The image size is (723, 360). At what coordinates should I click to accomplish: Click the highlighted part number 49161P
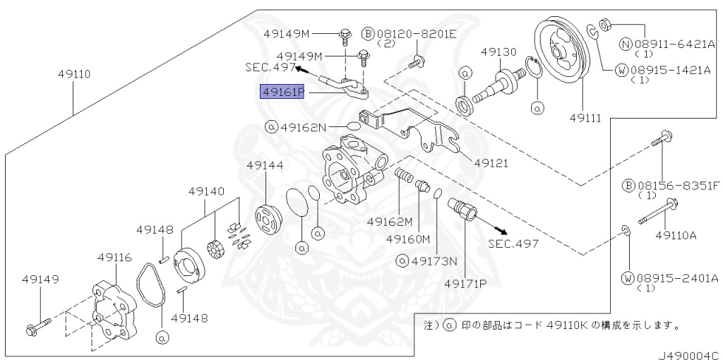click(x=282, y=92)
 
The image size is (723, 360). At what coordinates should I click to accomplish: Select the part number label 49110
click(x=73, y=74)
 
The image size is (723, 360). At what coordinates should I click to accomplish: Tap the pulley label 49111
click(x=585, y=119)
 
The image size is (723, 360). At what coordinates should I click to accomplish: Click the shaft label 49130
click(x=499, y=52)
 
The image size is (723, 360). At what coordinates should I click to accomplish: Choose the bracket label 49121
click(x=491, y=163)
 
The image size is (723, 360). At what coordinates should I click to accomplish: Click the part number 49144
click(x=265, y=165)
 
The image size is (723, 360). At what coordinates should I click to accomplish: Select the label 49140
click(x=206, y=191)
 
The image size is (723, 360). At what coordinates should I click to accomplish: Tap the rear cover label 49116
click(x=114, y=258)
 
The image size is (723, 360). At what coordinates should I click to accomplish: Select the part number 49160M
click(x=408, y=239)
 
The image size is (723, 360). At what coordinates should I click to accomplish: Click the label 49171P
click(x=466, y=283)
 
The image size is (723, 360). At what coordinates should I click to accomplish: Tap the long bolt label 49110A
click(x=676, y=236)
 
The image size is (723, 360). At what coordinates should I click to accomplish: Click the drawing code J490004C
click(x=689, y=355)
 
